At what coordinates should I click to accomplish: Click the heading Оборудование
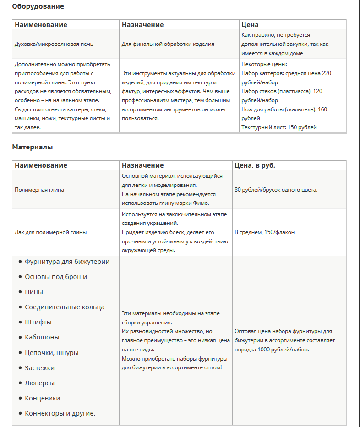point(38,7)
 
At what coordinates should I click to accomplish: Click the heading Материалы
point(33,148)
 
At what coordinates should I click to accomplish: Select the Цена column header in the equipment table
point(250,25)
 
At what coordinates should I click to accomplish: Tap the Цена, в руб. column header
point(255,165)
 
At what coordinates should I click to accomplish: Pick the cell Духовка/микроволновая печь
point(54,44)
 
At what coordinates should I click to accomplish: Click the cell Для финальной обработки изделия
point(168,44)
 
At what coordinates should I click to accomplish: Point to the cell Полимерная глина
point(39,190)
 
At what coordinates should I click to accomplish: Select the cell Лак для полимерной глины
point(50,232)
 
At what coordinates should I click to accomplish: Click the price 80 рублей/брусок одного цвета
point(276,190)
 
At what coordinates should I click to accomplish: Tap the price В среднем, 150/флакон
point(264,232)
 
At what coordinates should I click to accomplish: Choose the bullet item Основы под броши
point(56,277)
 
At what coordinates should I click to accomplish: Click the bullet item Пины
point(34,292)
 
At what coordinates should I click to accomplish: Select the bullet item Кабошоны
point(42,337)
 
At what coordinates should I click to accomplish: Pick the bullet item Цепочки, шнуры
point(52,353)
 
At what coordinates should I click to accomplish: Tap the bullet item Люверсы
point(40,383)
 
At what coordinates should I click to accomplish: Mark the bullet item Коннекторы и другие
point(60,413)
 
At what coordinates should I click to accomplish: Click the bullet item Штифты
point(38,322)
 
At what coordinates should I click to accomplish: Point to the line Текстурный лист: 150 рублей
point(279,127)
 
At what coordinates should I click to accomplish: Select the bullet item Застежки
point(40,368)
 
